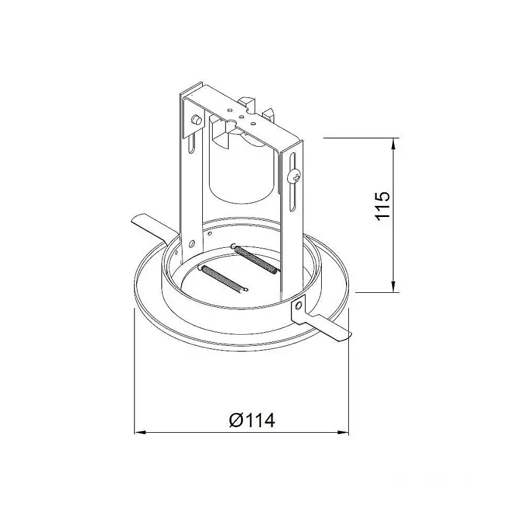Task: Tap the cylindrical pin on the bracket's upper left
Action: coord(196,120)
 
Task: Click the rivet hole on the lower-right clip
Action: coord(300,306)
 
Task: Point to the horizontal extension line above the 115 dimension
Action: coord(358,137)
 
